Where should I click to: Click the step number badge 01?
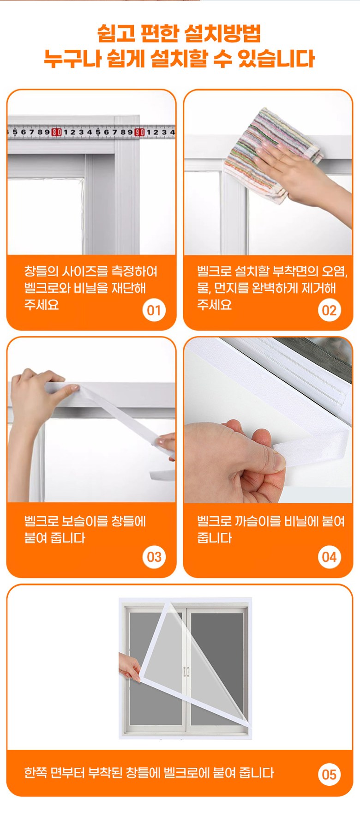[154, 310]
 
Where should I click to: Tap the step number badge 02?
[329, 310]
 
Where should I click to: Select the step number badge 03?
[154, 557]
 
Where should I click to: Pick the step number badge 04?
[329, 557]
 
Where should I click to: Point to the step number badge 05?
[329, 774]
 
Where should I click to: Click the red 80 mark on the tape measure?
[56, 132]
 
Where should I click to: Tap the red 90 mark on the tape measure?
[139, 132]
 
